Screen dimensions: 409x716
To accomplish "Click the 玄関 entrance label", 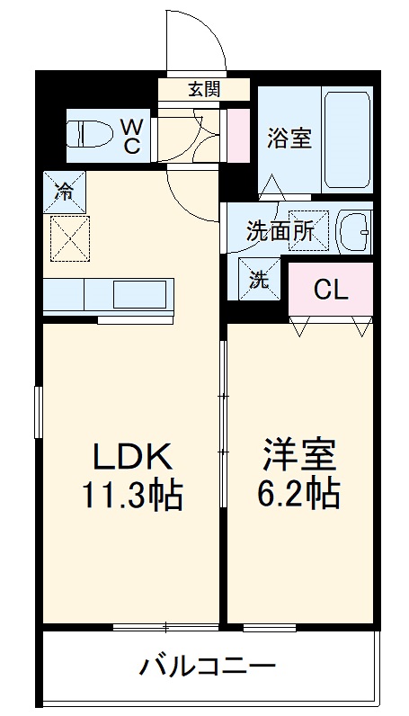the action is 204,90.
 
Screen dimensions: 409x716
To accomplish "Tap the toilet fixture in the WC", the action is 89,134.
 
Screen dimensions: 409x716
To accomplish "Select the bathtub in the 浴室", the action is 347,139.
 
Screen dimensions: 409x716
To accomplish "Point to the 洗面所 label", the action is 280,231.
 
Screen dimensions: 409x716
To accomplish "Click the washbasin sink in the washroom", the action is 354,232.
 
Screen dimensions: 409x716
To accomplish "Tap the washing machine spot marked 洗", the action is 260,279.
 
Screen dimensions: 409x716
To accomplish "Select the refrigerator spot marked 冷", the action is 65,192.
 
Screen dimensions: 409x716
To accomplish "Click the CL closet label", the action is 331,289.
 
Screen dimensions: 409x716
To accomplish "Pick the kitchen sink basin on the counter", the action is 139,294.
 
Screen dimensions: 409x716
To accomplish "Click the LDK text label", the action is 133,458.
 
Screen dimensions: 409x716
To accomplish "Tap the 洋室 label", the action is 299,455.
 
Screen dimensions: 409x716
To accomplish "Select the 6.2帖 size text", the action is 298,495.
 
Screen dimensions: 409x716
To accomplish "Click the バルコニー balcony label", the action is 208,667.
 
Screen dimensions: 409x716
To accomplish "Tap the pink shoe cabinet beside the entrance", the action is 238,135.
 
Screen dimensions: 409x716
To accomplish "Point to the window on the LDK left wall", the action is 39,412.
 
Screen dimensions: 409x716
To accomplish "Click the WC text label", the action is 130,136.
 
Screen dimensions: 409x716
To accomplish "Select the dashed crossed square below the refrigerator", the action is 70,238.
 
